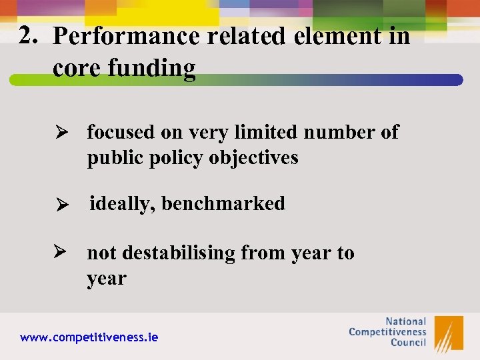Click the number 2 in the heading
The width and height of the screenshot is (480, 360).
[28, 34]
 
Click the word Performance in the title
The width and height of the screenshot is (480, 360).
[126, 37]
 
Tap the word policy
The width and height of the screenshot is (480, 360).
[175, 158]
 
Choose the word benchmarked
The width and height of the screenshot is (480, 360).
[223, 203]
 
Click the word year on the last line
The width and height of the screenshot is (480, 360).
[106, 279]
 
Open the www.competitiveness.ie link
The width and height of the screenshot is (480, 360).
[89, 337]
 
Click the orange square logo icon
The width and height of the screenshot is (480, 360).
[449, 333]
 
